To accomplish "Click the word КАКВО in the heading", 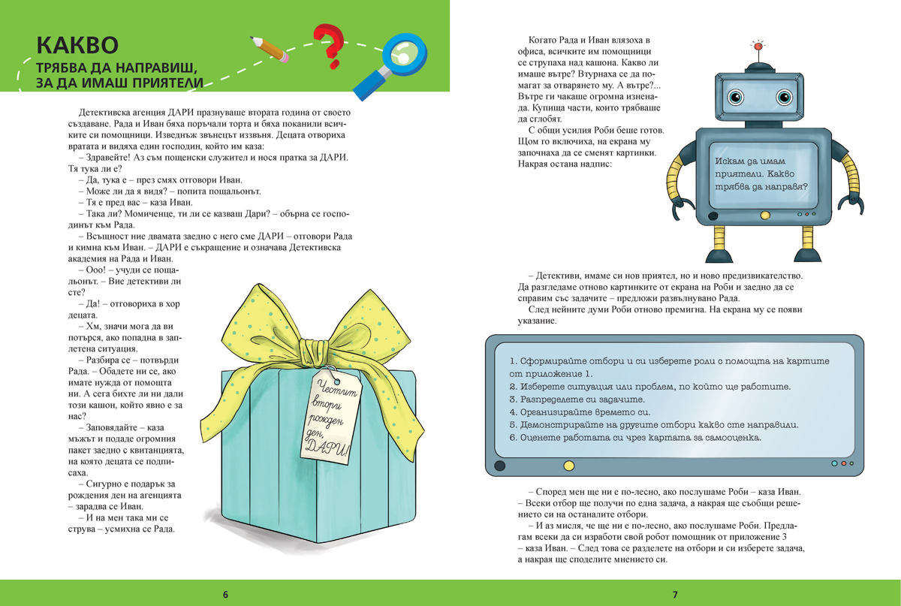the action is point(77,45).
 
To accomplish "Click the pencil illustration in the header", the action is point(270,50).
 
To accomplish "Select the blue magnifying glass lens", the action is point(404,54).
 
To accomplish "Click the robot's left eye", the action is point(736,97).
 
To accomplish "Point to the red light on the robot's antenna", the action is point(758,47).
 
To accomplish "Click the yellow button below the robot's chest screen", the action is point(765,216).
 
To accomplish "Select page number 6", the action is point(225,594).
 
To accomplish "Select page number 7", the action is point(675,594).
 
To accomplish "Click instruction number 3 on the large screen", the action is point(577,399).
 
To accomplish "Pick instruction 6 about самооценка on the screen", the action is point(635,437).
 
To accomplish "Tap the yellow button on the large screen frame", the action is point(569,466).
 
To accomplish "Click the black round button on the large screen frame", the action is point(499,466).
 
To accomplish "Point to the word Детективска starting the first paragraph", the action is point(107,113).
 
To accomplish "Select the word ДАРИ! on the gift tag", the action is point(327,448).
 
